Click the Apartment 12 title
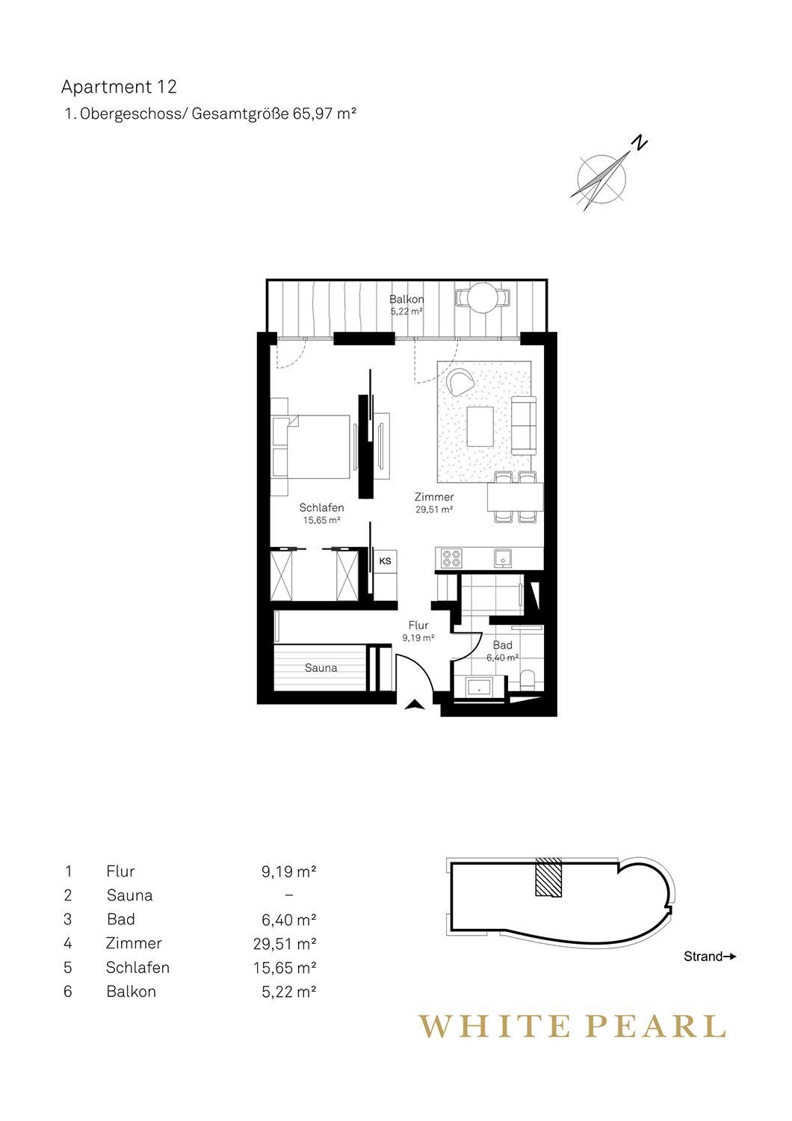point(119,87)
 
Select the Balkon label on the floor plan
point(406,299)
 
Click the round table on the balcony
point(483,297)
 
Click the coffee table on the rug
point(480,426)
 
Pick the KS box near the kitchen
point(385,561)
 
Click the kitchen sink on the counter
point(502,558)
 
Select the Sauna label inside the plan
point(321,667)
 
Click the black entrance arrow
point(415,705)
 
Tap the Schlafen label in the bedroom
point(322,507)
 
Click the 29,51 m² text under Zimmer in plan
point(434,510)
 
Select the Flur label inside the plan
point(418,625)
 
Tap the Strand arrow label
point(710,957)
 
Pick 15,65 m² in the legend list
point(285,968)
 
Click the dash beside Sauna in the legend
point(288,895)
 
